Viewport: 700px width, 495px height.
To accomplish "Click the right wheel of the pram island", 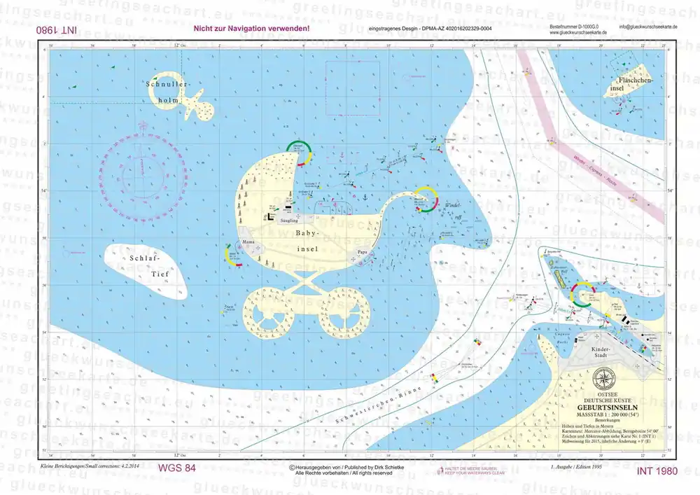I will (344, 313).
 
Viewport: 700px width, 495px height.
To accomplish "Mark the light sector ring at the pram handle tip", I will (424, 200).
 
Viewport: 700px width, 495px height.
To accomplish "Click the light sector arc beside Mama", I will (232, 256).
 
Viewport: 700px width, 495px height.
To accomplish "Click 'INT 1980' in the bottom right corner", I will (657, 470).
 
